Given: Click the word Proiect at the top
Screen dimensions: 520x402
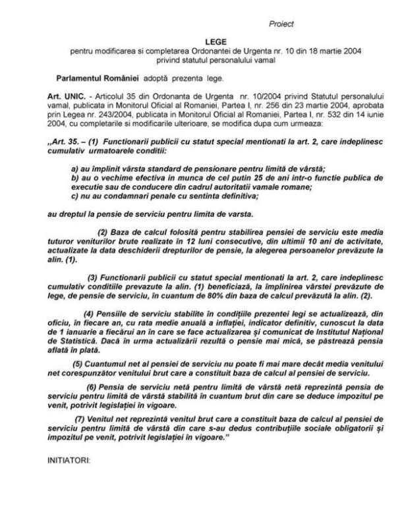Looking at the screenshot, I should pos(281,24).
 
